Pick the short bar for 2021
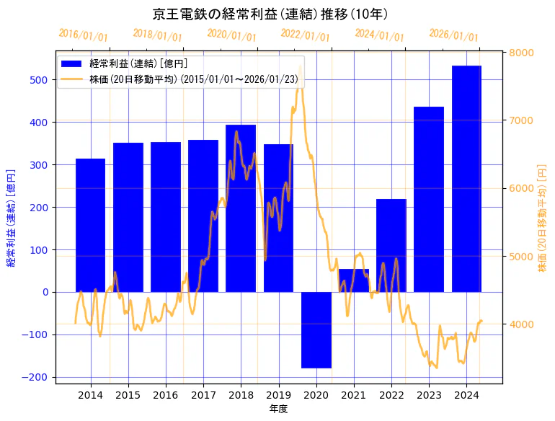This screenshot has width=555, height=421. point(354,280)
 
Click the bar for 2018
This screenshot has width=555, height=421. point(241,208)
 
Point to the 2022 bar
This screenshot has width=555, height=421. point(391,245)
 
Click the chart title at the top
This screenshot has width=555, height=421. point(271,14)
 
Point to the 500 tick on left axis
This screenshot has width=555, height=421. point(39,80)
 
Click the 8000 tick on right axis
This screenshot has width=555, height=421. point(521,53)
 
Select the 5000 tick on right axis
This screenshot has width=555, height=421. point(521,257)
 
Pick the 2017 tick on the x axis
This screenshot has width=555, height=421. point(203,395)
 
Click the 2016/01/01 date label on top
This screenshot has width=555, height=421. point(84,35)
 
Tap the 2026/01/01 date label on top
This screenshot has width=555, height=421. point(453,35)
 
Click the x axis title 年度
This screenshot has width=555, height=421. point(278,409)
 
